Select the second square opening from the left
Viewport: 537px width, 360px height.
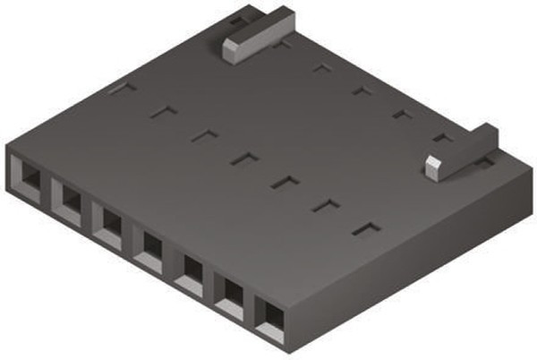[x=68, y=198]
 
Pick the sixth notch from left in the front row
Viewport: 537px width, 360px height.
[x=326, y=205]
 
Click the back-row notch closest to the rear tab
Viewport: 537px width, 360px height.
[x=281, y=44]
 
